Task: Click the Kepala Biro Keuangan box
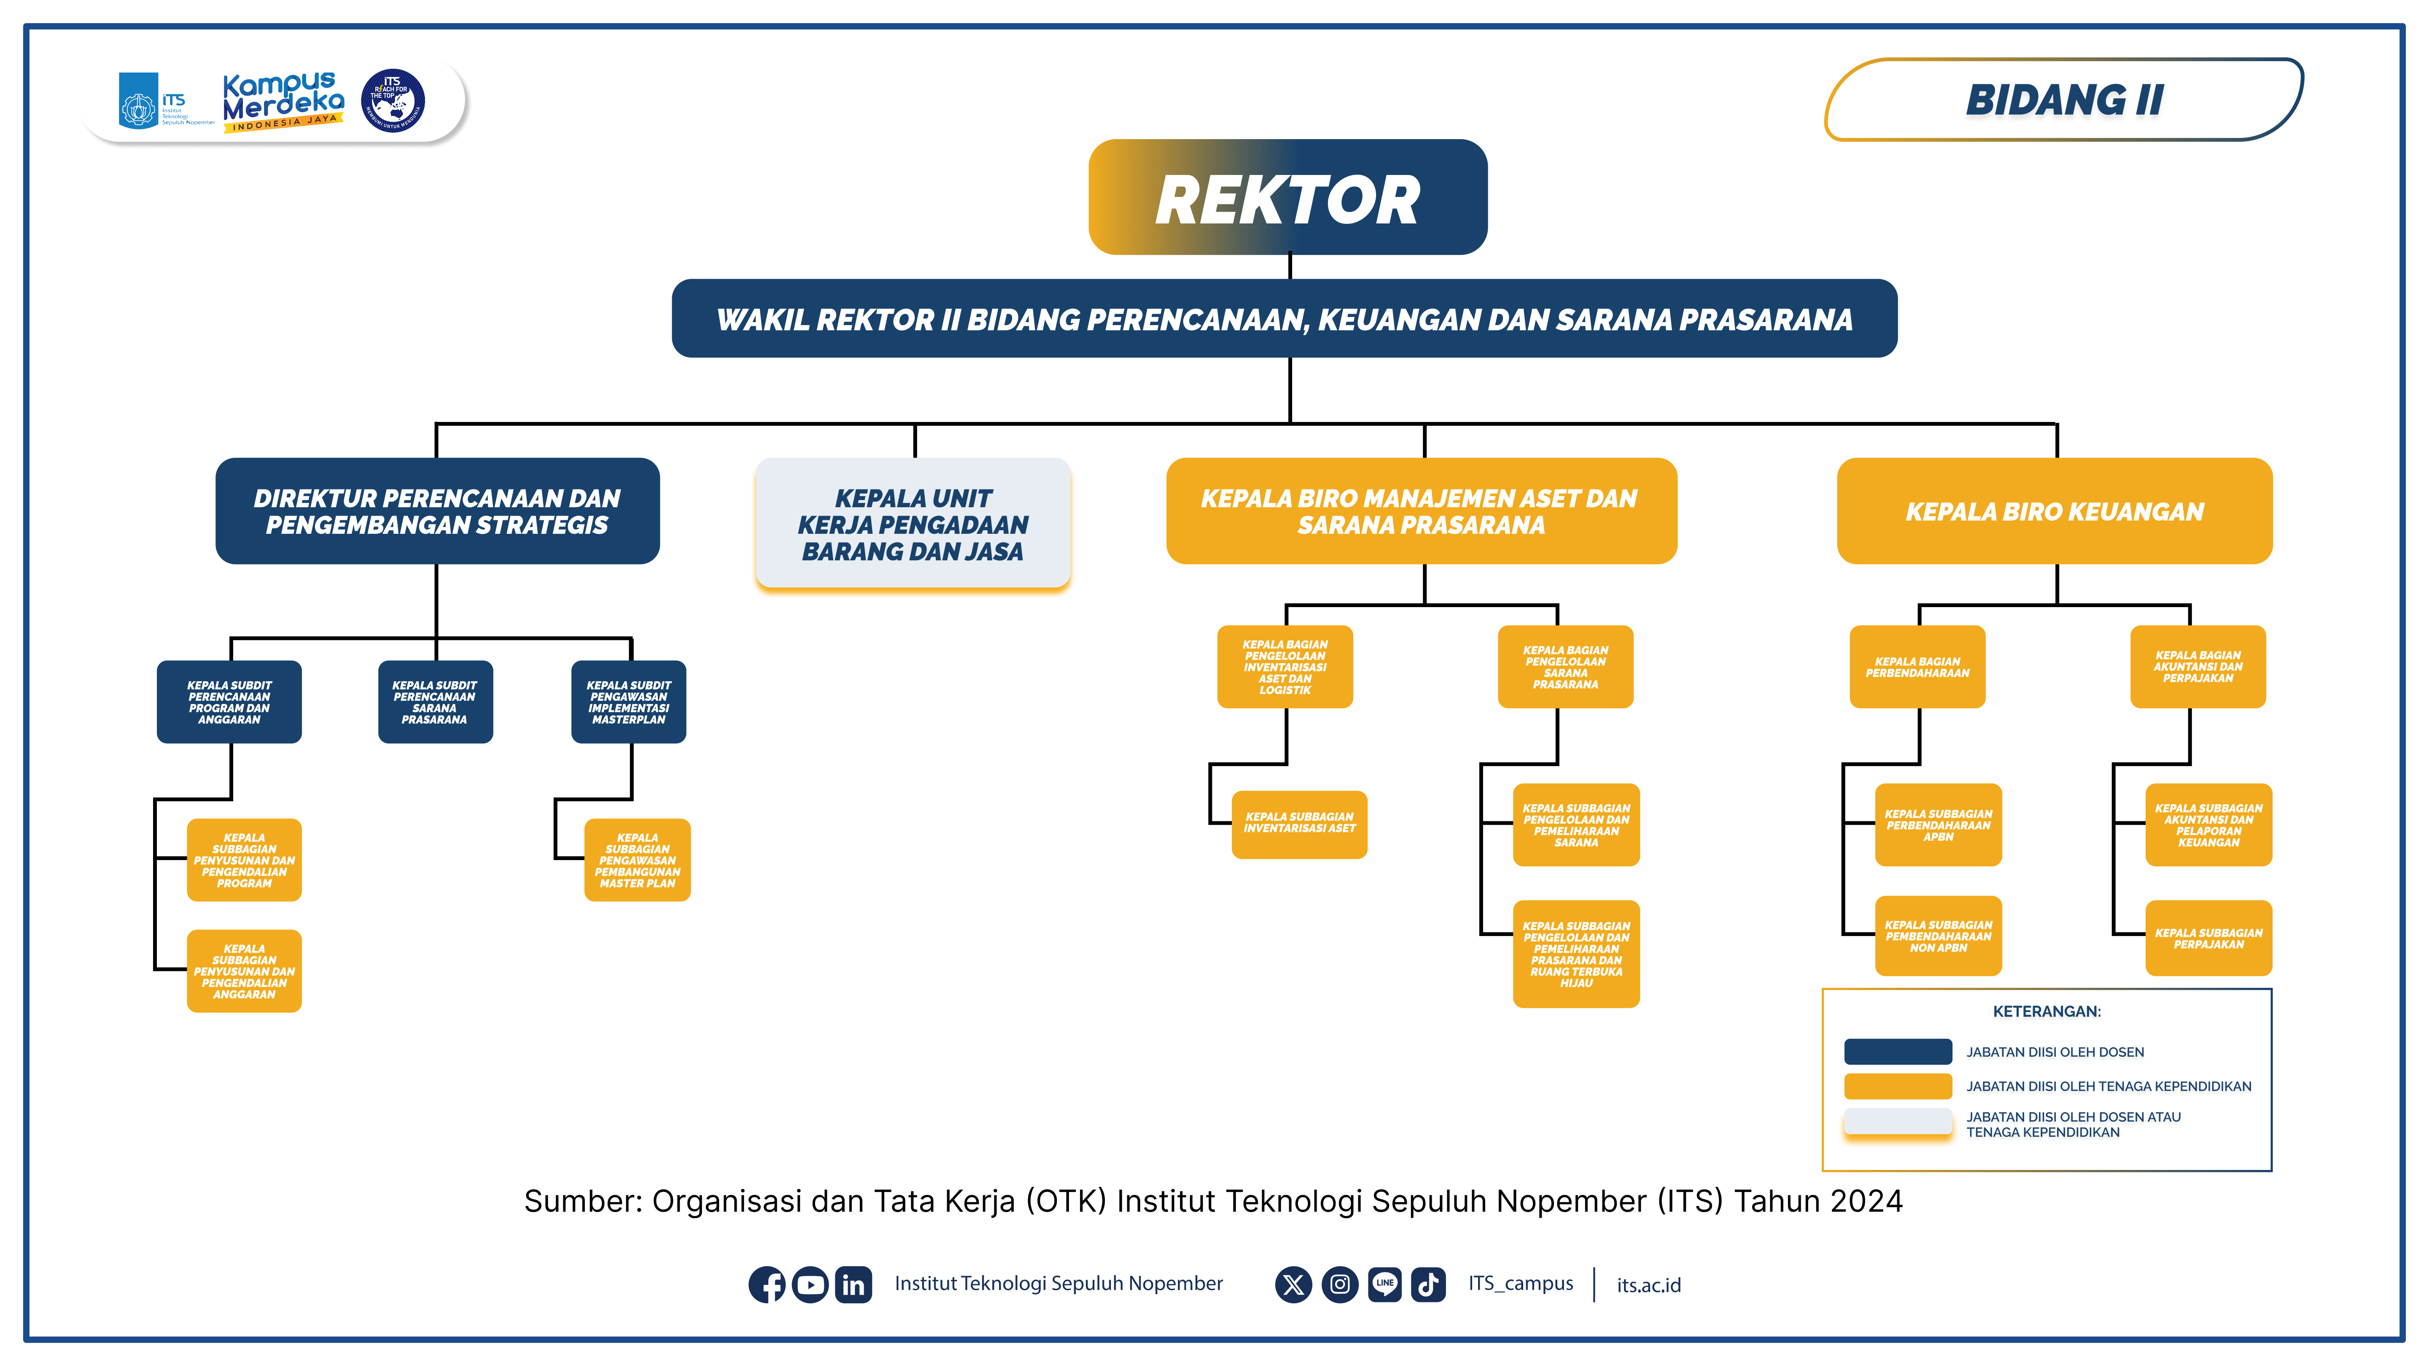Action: coord(2054,511)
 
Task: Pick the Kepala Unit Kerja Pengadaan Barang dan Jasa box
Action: coord(913,524)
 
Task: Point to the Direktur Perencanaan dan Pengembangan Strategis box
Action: coord(436,511)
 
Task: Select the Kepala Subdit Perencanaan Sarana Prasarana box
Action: coord(435,702)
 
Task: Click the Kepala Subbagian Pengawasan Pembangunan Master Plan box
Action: coord(638,860)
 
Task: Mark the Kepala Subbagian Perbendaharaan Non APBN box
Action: coord(1938,936)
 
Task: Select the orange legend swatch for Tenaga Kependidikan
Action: coord(1897,1086)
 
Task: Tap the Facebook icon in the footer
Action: coord(767,1284)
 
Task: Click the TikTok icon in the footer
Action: coord(1427,1284)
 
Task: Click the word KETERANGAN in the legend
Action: coord(2046,1011)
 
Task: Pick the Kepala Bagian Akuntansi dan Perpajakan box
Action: coord(2197,667)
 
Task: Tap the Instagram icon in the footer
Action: coord(1339,1284)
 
